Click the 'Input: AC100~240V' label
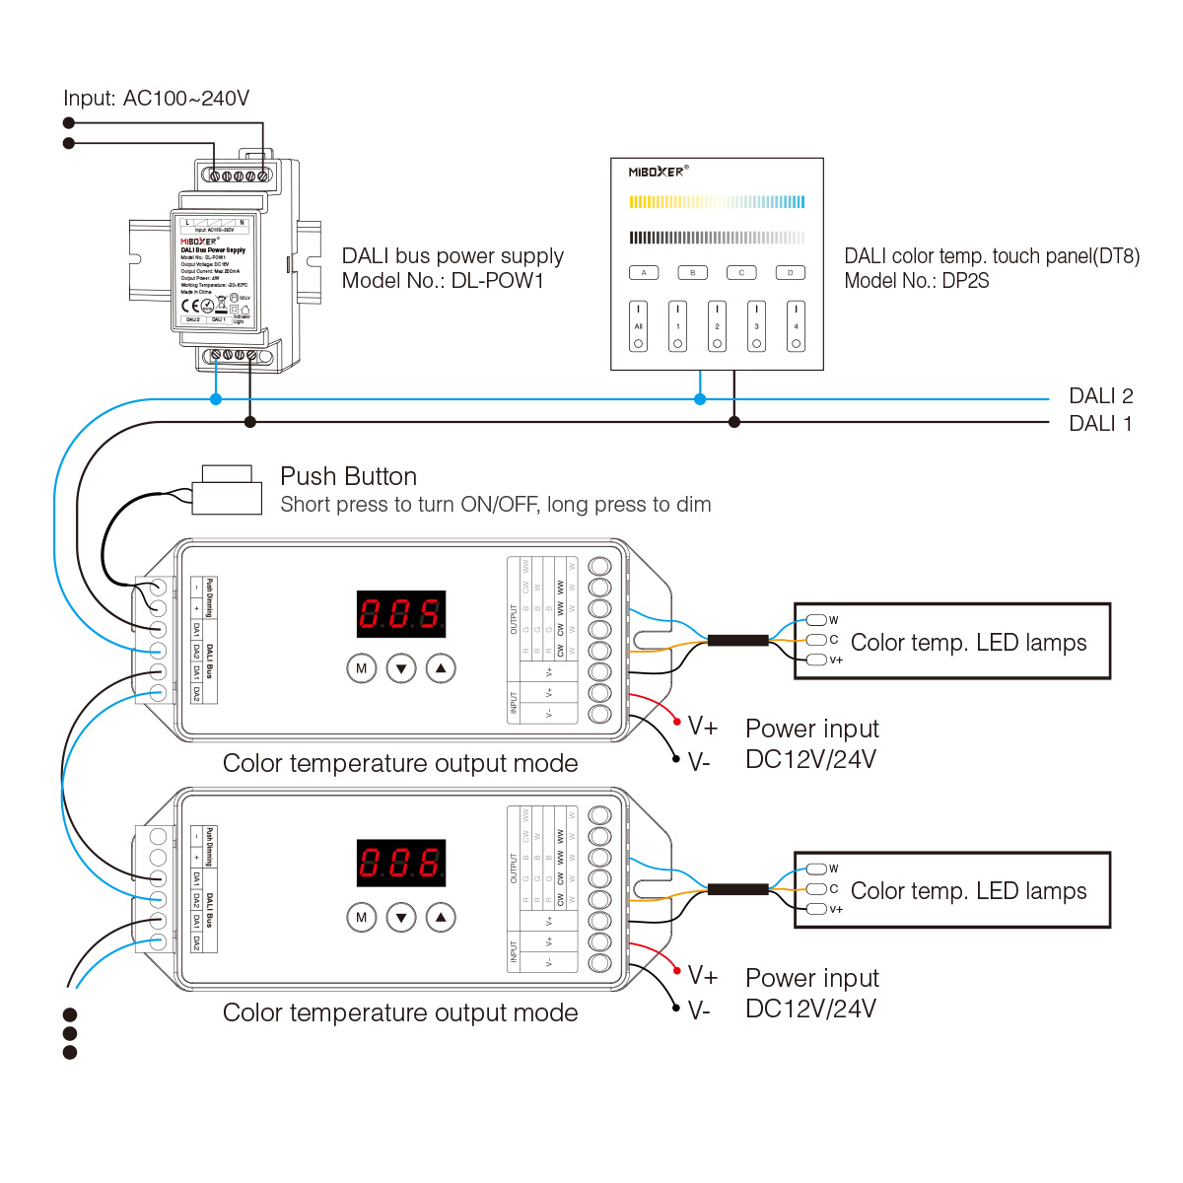coord(156,99)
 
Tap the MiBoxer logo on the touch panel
coord(658,172)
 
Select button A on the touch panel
coord(644,273)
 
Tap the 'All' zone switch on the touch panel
coord(639,326)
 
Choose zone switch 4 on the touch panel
coord(796,326)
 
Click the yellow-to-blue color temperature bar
coord(717,202)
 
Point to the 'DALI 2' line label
coord(1100,396)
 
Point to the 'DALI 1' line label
coord(1100,424)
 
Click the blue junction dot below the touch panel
coord(700,399)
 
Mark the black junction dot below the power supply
coord(250,422)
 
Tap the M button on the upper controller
coord(362,668)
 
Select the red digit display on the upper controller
coord(400,614)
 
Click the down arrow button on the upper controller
coord(401,668)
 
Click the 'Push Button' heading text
coord(348,477)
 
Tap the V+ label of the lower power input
coord(703,976)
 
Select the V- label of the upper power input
coord(699,762)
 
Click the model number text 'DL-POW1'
coord(498,281)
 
